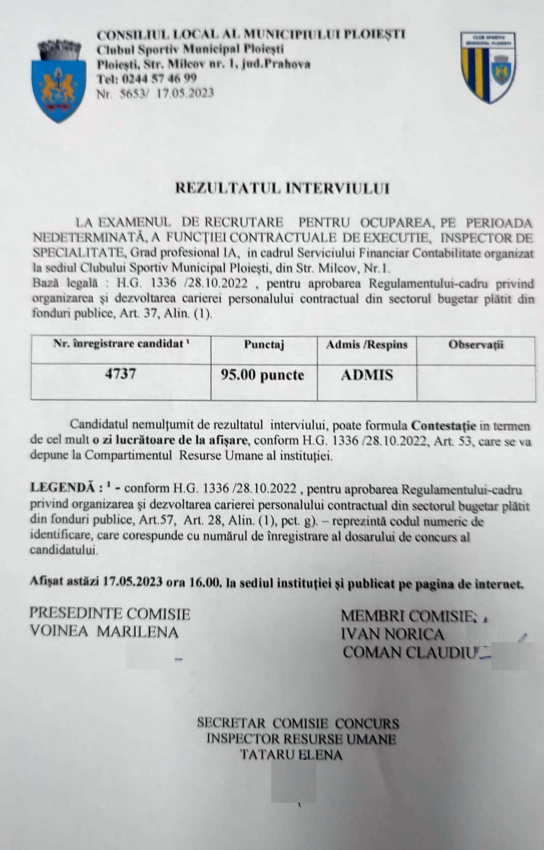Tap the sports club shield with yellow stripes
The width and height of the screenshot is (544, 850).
tap(489, 68)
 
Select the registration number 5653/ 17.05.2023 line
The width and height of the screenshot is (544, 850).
tap(155, 93)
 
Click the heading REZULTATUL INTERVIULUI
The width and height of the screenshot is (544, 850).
tap(282, 188)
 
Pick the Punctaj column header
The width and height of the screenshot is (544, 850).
tap(264, 345)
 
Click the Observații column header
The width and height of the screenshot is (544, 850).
tap(476, 345)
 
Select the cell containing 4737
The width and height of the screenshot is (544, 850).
tap(121, 374)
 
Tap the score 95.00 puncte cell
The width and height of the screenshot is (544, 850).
tap(262, 375)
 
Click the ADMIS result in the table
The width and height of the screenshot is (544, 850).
tap(367, 375)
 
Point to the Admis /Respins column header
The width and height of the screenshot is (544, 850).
tap(366, 345)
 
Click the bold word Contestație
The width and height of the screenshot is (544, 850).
tap(444, 425)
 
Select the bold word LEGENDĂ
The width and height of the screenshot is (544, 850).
tap(63, 488)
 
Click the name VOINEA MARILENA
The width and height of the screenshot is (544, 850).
tap(104, 632)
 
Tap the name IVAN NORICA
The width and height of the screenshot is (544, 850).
tap(392, 635)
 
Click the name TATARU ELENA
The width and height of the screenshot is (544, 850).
tap(292, 755)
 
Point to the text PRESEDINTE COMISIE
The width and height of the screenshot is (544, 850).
tap(110, 614)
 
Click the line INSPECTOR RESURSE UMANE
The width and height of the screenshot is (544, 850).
tap(301, 739)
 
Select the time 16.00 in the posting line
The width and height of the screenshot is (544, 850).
tap(206, 582)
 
